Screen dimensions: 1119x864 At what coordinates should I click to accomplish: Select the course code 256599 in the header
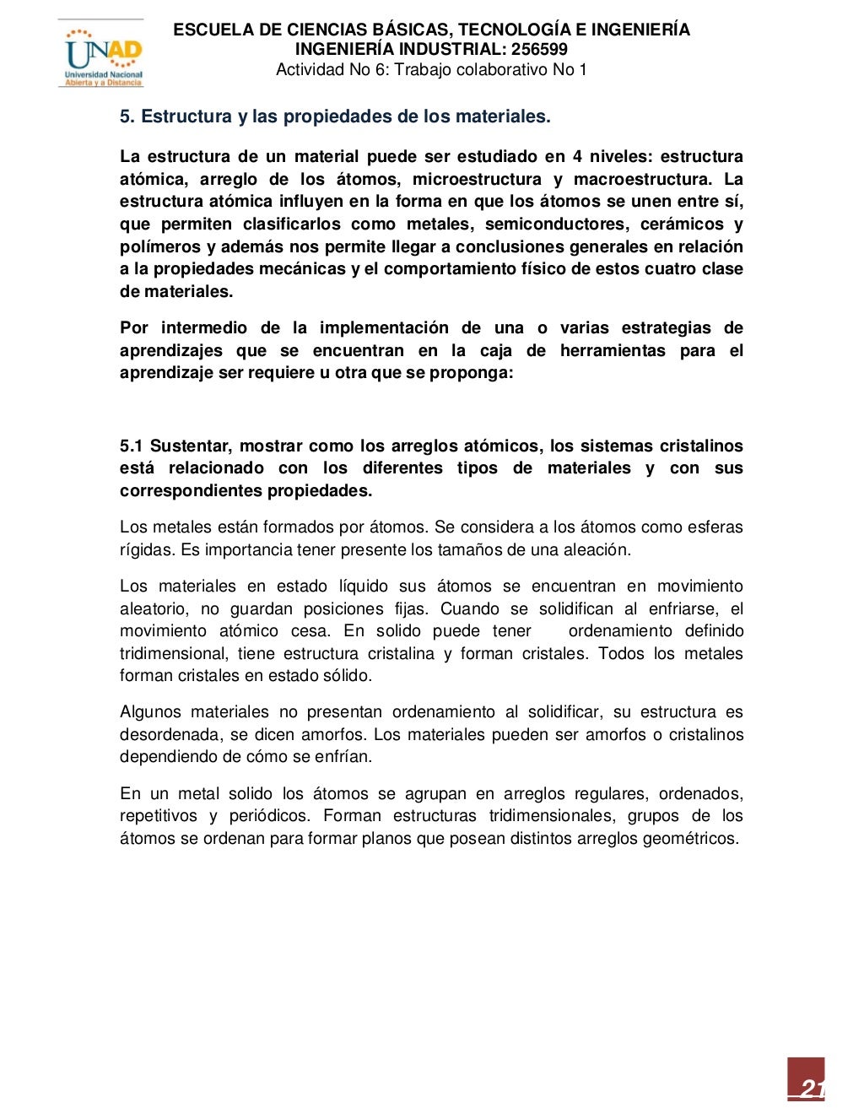(539, 49)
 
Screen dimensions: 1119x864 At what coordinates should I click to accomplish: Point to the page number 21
(811, 1088)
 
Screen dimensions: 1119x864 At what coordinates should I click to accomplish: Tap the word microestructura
(477, 179)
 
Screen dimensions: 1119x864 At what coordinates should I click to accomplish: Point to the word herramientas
(613, 350)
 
